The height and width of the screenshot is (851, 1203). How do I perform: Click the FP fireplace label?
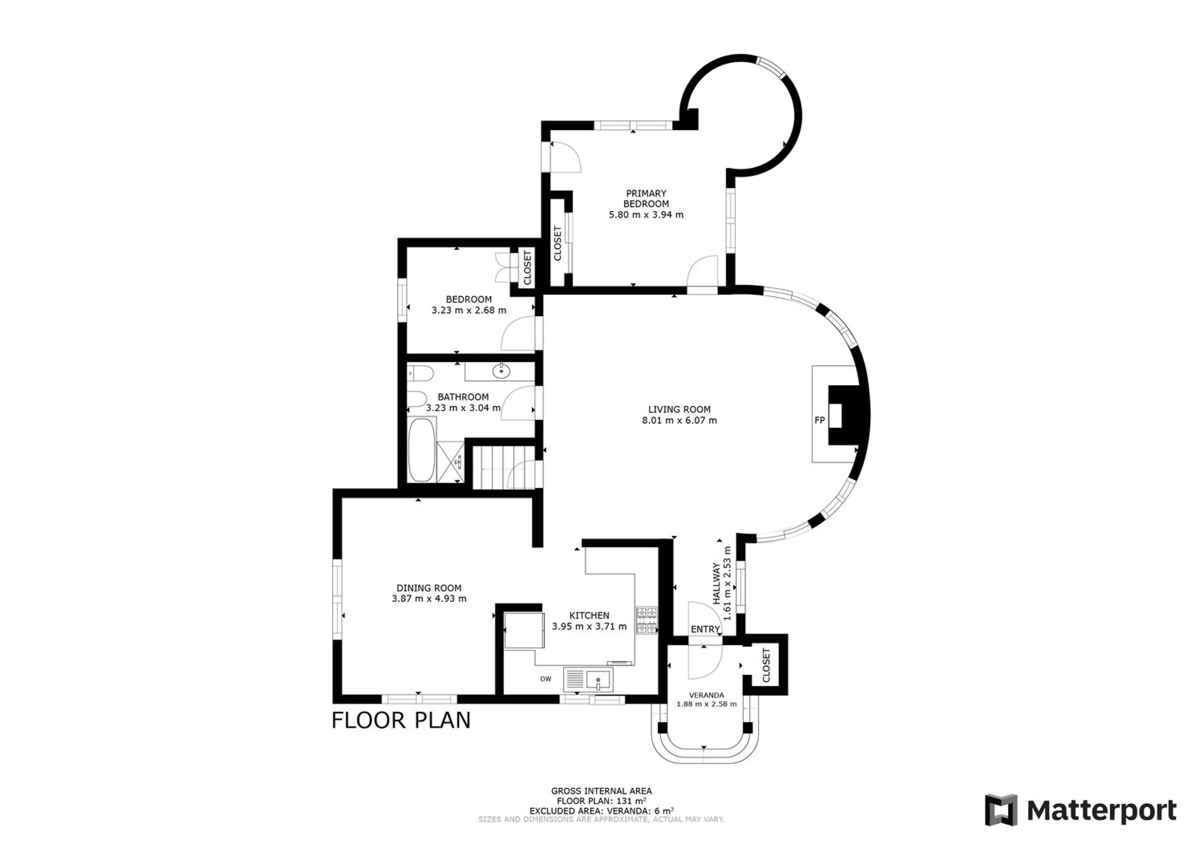(x=820, y=420)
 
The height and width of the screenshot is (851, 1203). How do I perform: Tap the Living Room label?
(x=679, y=410)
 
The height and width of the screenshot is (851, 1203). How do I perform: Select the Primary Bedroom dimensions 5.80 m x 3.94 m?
(x=646, y=215)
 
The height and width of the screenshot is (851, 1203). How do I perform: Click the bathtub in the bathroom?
(x=421, y=450)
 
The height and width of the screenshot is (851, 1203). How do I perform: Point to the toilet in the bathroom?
(x=420, y=373)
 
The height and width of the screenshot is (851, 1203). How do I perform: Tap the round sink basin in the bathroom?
(x=501, y=372)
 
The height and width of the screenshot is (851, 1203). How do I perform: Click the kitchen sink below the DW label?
(x=588, y=680)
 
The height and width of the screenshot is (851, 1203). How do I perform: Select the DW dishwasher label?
(x=546, y=679)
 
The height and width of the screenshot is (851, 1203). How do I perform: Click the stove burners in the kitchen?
(x=647, y=620)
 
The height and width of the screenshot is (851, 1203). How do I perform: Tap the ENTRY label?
(x=705, y=629)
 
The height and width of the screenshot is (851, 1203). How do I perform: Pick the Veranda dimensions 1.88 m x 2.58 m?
(x=707, y=705)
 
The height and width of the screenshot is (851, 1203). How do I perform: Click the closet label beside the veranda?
(x=766, y=665)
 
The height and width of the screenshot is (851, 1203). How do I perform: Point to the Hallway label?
(x=716, y=583)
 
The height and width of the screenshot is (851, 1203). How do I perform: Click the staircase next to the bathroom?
(x=504, y=467)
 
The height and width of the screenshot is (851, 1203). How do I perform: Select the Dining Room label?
(x=429, y=588)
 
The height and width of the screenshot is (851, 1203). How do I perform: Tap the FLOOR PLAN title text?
(x=401, y=721)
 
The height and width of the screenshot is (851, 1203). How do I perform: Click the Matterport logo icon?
(x=1001, y=810)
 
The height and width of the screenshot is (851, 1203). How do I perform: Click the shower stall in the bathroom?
(x=451, y=462)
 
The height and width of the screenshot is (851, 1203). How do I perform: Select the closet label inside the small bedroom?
(x=527, y=268)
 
